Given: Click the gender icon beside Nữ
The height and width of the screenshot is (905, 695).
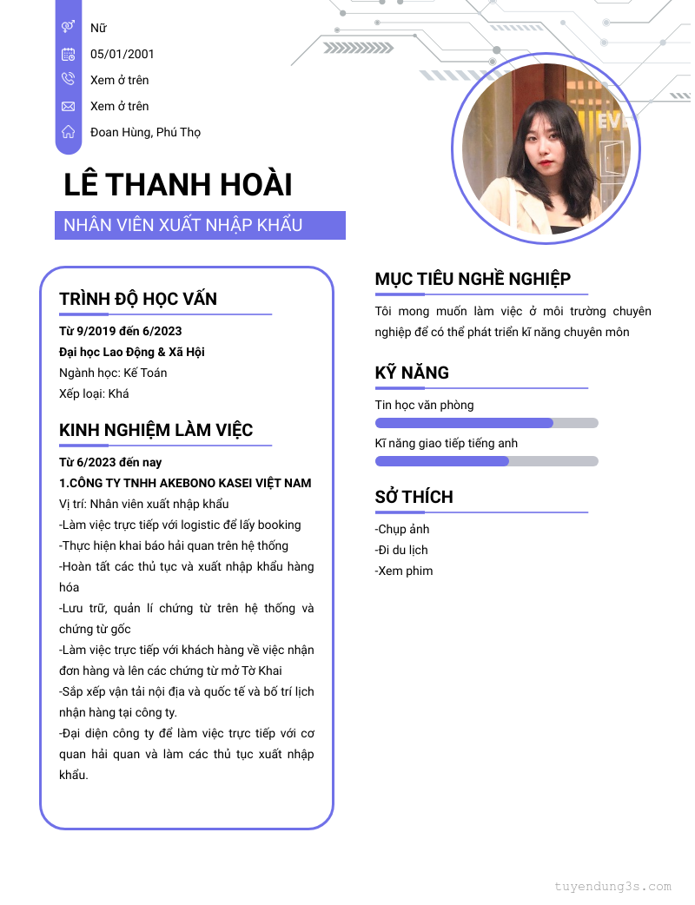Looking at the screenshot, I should coord(68,28).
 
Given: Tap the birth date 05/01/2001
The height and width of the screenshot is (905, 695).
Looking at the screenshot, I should coord(122,54).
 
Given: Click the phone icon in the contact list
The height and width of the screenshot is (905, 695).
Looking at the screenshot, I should coord(68,80).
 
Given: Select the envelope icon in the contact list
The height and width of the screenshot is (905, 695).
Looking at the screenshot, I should coord(68,106).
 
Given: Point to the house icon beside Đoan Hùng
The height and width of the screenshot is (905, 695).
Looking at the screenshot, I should coord(68,132).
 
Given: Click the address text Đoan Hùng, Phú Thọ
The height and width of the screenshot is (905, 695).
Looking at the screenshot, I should coord(145,132).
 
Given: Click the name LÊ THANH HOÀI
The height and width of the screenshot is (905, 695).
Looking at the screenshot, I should coord(178,185).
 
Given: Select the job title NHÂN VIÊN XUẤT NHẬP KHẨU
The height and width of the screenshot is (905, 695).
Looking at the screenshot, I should coord(183,225).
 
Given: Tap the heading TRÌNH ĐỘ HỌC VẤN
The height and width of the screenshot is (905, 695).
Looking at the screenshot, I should coord(138,299).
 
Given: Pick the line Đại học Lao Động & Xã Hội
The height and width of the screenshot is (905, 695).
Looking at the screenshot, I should coord(131,352).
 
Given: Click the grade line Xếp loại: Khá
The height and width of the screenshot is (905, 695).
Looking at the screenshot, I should coord(94,393).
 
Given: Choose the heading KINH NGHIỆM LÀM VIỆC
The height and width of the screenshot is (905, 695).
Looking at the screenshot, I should coord(156,430).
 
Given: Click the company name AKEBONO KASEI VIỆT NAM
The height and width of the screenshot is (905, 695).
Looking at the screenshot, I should coord(224,483).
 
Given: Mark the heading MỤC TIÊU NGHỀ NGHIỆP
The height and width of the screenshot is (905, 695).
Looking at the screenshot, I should coord(473,279).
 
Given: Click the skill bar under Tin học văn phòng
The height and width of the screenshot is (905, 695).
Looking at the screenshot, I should coord(486,423).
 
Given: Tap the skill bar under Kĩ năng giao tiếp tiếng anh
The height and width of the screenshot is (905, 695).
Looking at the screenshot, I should coord(486,461).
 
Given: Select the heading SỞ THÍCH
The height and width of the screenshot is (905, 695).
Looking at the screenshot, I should coord(414,497).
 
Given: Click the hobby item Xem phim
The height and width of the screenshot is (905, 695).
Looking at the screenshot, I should coord(404,571).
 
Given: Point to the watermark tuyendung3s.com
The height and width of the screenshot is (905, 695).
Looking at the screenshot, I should coord(613,887).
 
